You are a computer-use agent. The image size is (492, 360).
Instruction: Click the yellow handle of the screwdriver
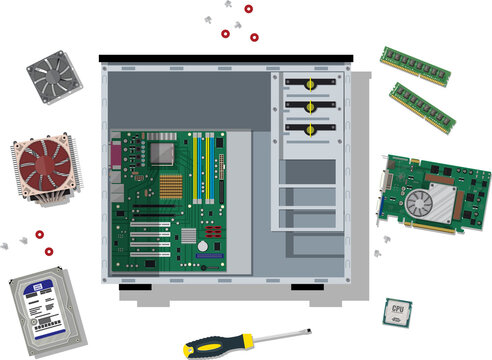(217, 346)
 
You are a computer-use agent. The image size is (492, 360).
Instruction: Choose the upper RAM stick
(414, 65)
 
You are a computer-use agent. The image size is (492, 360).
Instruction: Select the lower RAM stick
(422, 107)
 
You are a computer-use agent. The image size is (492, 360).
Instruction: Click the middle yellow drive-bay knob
(310, 106)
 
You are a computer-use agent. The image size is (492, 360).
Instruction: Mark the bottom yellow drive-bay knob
(310, 128)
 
